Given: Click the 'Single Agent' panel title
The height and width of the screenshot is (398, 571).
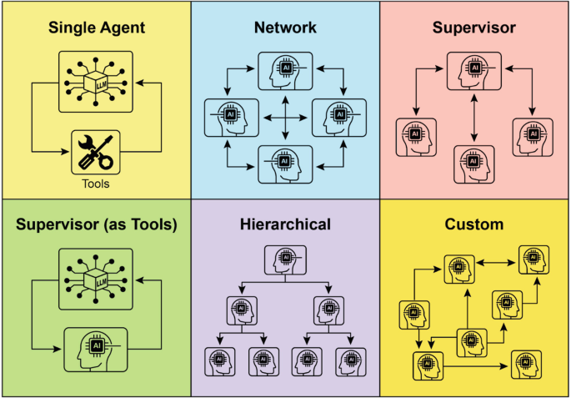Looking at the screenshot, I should tap(96, 28).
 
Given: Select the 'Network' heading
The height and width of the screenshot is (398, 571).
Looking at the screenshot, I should tap(285, 28).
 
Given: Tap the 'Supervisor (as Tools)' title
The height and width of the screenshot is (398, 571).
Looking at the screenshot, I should tap(96, 224).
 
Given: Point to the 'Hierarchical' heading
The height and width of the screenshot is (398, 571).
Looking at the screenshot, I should tap(285, 224).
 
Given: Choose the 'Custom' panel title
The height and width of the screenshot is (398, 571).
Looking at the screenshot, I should tap(474, 224).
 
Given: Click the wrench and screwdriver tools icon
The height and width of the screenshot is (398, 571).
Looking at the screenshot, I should tap(96, 152).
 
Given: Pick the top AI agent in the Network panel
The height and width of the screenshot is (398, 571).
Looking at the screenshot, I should tap(285, 69).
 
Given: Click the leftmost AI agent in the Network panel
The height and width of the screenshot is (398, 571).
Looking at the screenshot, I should tap(232, 117).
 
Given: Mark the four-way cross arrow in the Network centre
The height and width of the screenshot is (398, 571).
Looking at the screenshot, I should tap(285, 118).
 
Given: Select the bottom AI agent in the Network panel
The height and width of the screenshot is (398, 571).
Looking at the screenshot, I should tap(285, 162).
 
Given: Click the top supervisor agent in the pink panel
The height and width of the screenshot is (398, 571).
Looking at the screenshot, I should tap(474, 69).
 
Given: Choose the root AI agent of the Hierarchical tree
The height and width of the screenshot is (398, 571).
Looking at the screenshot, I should tap(285, 259).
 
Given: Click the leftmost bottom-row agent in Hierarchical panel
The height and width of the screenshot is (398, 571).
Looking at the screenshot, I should tap(219, 361).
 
